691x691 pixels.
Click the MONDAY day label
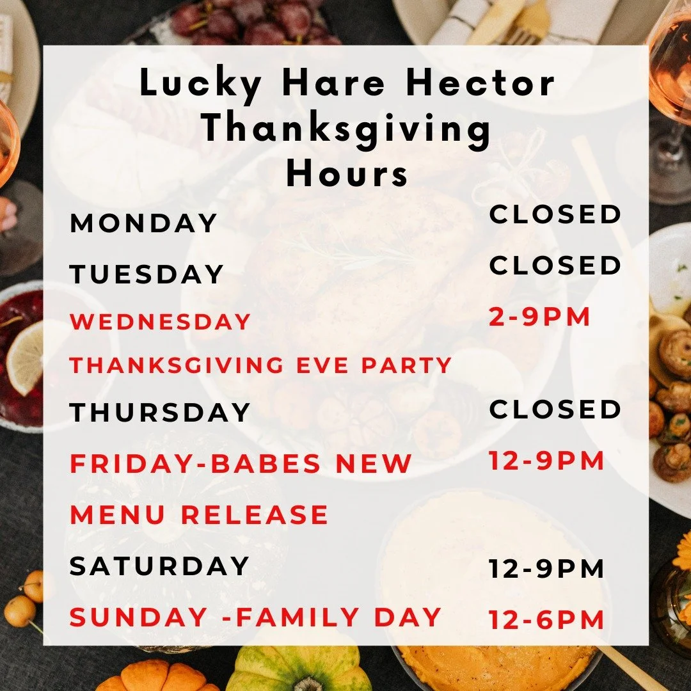144,223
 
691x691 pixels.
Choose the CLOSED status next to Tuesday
555,266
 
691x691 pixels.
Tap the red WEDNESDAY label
160,322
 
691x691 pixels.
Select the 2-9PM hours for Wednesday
539,317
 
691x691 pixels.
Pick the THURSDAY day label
160,413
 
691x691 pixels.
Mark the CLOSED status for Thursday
555,409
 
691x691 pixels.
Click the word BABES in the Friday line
266,464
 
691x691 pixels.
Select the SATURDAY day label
159,566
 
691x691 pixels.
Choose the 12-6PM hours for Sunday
546,620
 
